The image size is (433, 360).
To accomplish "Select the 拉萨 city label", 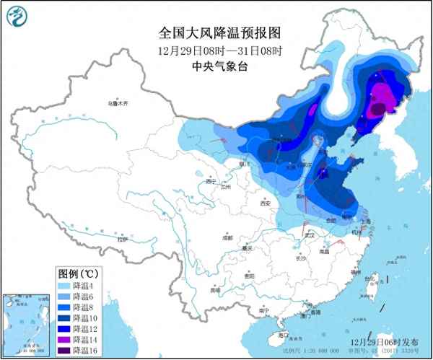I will click(121, 238).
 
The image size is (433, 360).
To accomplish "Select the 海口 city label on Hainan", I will click(282, 335).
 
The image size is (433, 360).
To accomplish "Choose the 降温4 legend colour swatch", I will click(66, 286).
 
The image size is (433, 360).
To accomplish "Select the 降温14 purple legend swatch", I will click(66, 339).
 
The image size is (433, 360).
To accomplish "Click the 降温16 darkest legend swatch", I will click(66, 350).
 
